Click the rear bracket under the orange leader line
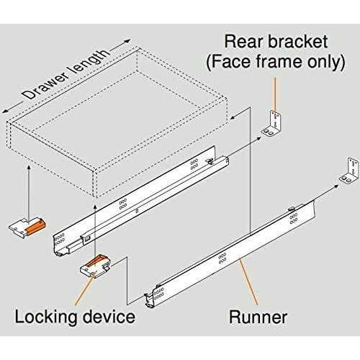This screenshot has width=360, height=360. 274,122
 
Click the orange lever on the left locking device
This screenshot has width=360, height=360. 37,225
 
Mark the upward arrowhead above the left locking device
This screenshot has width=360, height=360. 26,168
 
